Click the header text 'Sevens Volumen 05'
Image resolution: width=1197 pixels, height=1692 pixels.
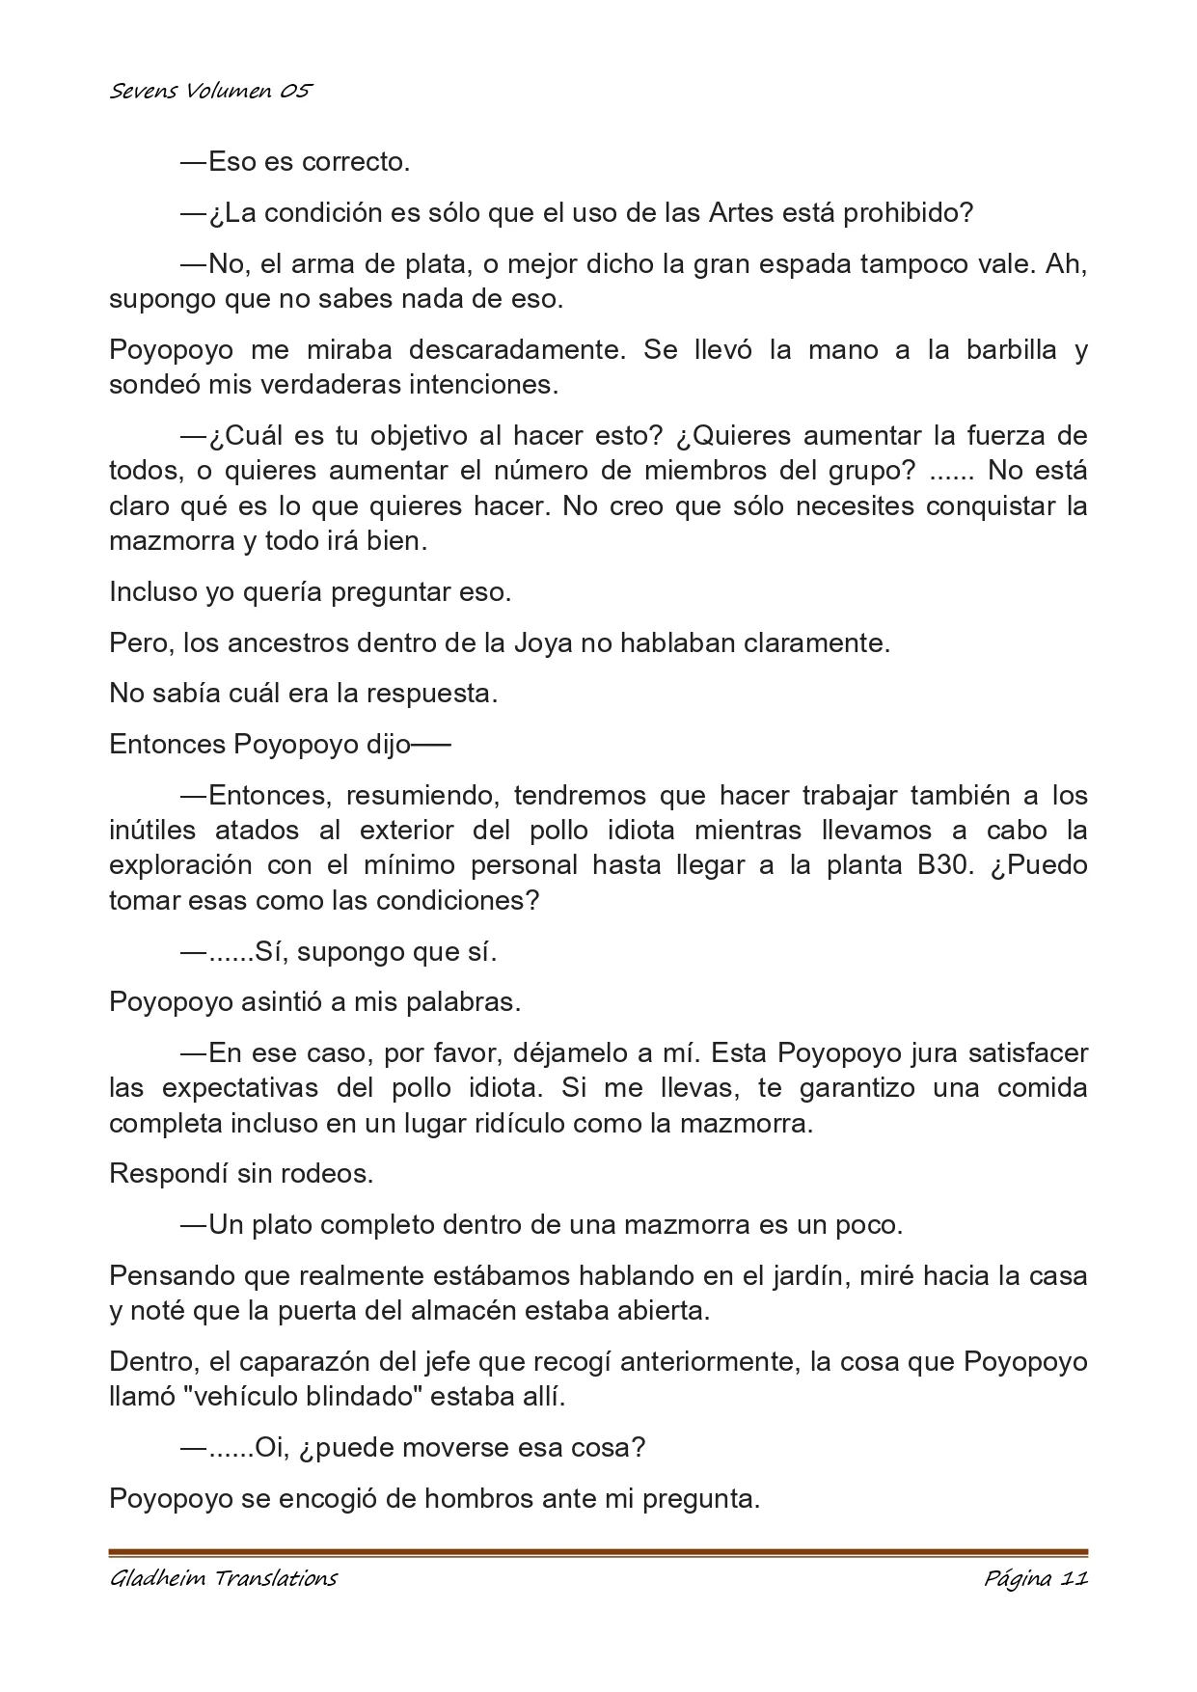(210, 92)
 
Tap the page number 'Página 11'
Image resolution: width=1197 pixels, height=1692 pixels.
(1036, 1579)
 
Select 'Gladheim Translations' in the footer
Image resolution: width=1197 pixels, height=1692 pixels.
(223, 1579)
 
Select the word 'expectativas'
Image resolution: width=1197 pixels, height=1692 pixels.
(240, 1088)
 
